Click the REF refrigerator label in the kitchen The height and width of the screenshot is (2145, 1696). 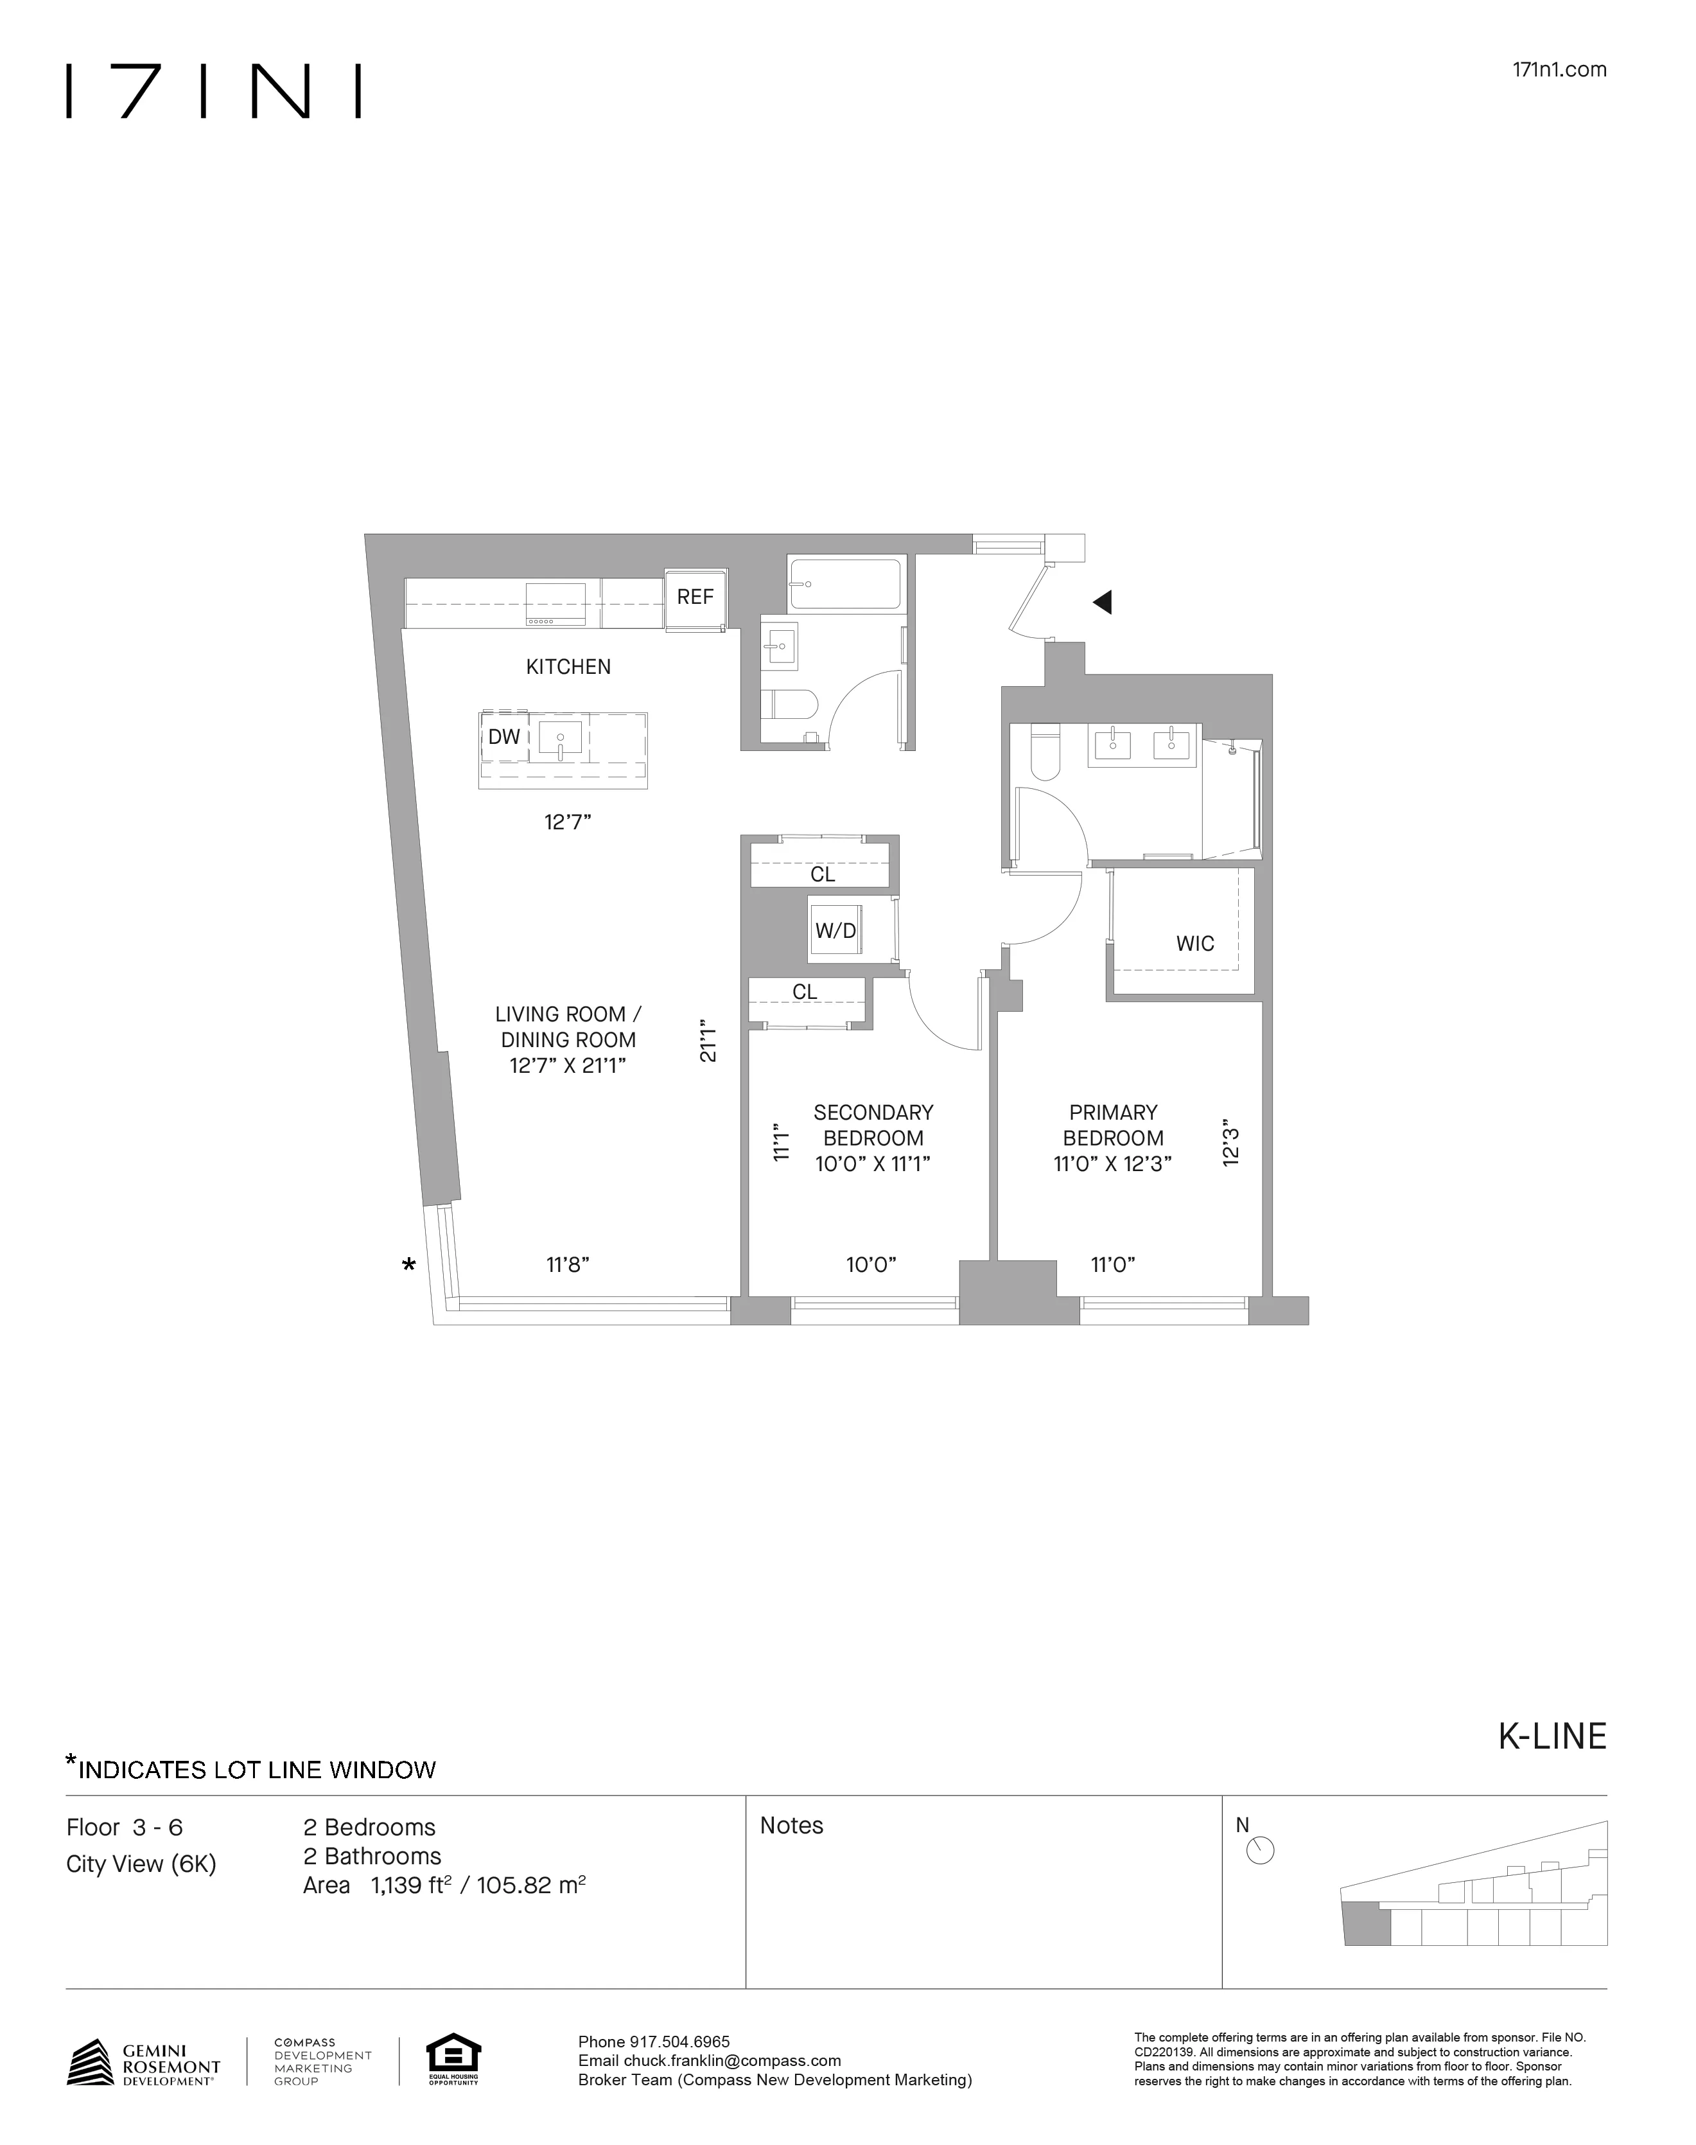click(x=695, y=597)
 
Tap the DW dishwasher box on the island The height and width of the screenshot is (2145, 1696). click(x=504, y=737)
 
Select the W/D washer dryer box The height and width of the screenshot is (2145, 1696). click(x=835, y=930)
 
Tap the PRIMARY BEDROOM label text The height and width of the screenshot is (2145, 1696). click(x=1113, y=1125)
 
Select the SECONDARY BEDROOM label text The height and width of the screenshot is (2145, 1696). click(x=873, y=1125)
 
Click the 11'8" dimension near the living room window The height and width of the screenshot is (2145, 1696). click(x=568, y=1264)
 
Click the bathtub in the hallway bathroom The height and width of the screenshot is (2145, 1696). click(x=845, y=584)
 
